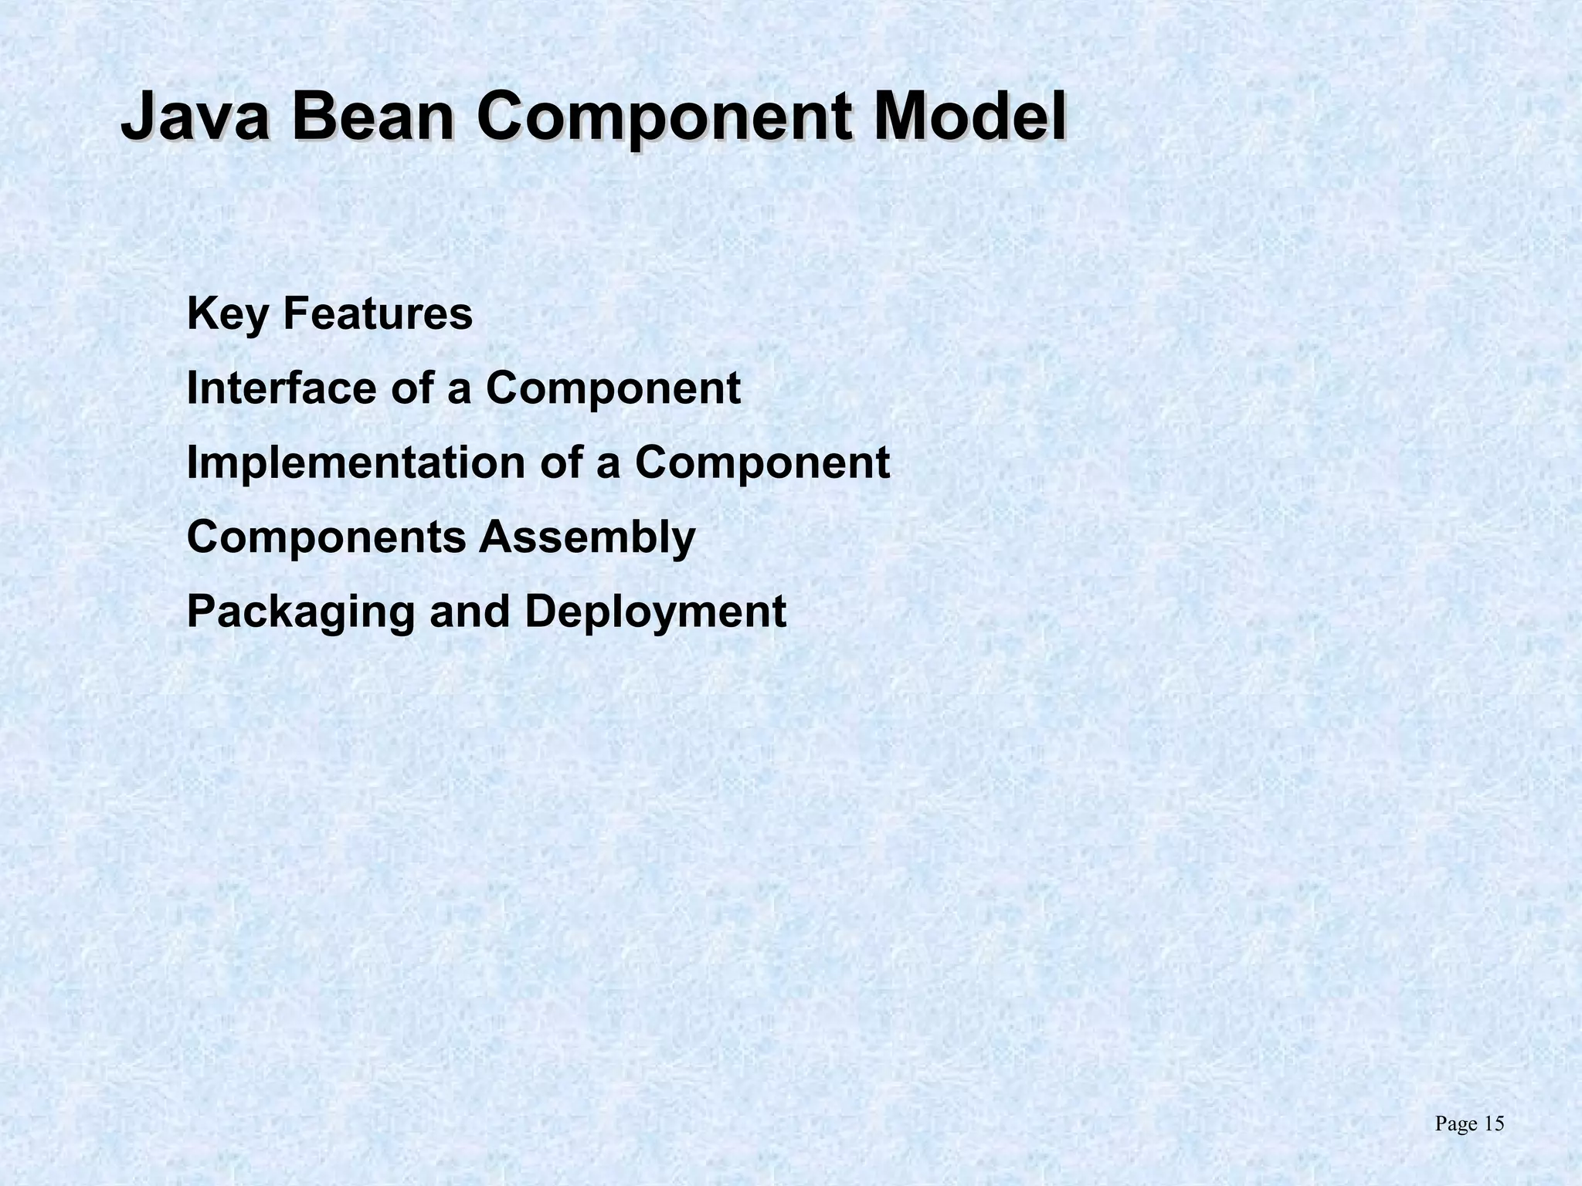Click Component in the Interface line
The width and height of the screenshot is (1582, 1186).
(x=613, y=389)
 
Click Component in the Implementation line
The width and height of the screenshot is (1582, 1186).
(x=762, y=464)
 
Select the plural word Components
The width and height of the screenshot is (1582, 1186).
(x=326, y=537)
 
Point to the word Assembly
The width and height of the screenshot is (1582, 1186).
(x=587, y=538)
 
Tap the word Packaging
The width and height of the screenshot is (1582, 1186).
(x=300, y=613)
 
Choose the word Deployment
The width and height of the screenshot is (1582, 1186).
(x=655, y=613)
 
